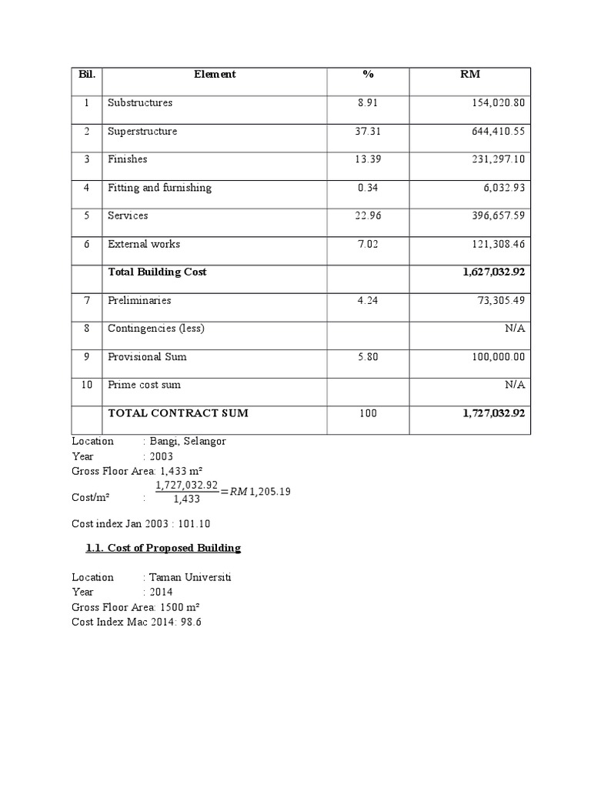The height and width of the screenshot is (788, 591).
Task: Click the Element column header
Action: pos(215,75)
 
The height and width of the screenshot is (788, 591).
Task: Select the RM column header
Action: pos(469,75)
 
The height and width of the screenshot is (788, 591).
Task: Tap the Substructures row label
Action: pos(140,103)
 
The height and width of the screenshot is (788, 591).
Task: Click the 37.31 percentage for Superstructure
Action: pos(368,132)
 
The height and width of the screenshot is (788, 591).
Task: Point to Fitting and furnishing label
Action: pos(159,188)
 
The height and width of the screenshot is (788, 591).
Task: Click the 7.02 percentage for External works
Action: pos(368,245)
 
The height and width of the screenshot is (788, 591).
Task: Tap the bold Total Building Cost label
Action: pos(157,272)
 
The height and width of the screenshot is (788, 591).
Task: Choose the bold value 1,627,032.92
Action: pos(493,272)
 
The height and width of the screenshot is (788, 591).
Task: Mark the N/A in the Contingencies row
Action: pos(515,329)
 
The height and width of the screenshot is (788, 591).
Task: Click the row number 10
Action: pos(87,385)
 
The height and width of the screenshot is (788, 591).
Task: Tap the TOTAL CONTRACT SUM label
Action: pos(178,413)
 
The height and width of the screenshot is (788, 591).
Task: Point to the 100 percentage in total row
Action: pos(368,414)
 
